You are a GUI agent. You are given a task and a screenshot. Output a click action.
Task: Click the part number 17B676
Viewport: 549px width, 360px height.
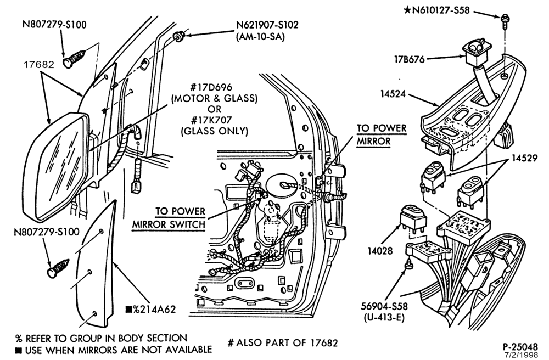coord(408,59)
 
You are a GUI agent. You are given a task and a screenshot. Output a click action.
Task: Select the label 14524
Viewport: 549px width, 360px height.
coord(393,94)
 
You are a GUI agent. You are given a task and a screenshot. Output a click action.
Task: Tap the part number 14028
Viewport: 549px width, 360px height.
coord(380,250)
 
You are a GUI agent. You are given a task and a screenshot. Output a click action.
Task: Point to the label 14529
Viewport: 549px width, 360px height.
coord(524,158)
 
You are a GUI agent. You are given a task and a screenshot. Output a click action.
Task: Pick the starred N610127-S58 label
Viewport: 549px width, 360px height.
coord(436,10)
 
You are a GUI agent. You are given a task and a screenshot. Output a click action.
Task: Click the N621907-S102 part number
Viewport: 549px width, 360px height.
coord(267,25)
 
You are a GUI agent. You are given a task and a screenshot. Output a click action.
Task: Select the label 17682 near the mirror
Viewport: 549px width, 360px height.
coord(39,65)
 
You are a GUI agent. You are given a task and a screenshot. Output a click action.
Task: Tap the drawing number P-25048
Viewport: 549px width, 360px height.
coord(520,346)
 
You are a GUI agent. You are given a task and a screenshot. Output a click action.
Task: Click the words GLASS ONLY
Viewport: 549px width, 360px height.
coord(214,131)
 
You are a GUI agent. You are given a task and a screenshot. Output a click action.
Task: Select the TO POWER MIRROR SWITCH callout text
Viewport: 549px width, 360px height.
coord(169,218)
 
